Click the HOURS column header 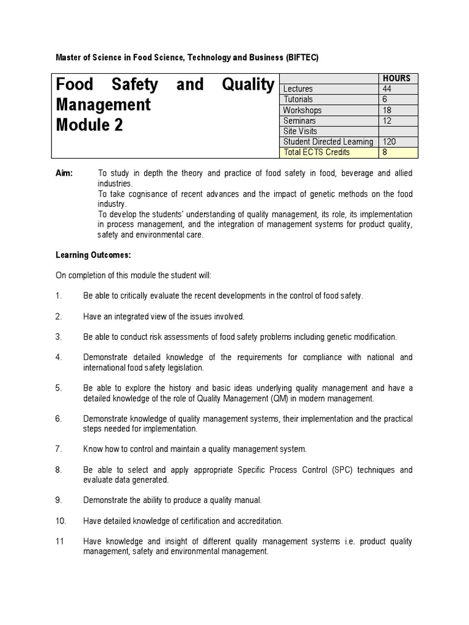pyautogui.click(x=396, y=78)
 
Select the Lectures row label pyautogui.click(x=297, y=89)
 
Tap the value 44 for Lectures pyautogui.click(x=388, y=89)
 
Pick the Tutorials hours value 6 pyautogui.click(x=385, y=99)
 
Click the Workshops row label pyautogui.click(x=302, y=110)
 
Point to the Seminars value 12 pyautogui.click(x=388, y=121)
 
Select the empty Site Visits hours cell pyautogui.click(x=397, y=131)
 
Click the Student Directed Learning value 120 pyautogui.click(x=390, y=142)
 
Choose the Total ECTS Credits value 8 pyautogui.click(x=385, y=152)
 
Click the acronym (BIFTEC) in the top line pyautogui.click(x=302, y=57)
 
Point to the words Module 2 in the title pyautogui.click(x=89, y=125)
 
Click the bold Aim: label pyautogui.click(x=64, y=173)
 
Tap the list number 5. pyautogui.click(x=59, y=388)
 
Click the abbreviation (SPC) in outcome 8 pyautogui.click(x=340, y=469)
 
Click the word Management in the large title pyautogui.click(x=103, y=104)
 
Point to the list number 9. pyautogui.click(x=59, y=500)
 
